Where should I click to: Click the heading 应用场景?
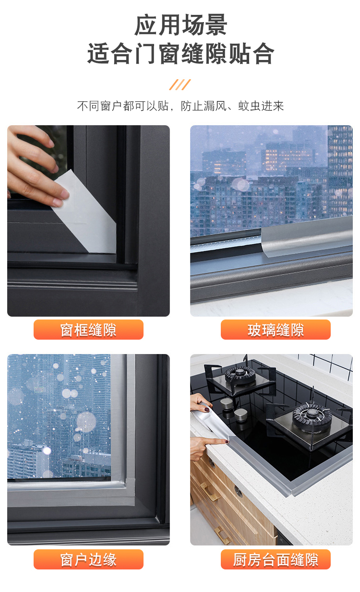[180, 25]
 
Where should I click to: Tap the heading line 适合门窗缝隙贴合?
[180, 54]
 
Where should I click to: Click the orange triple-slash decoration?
[180, 85]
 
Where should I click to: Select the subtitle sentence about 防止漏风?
[180, 106]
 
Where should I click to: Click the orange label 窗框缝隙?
[88, 330]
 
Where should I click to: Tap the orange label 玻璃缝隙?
[276, 330]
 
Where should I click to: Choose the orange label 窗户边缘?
[88, 559]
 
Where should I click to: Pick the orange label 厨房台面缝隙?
[276, 559]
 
